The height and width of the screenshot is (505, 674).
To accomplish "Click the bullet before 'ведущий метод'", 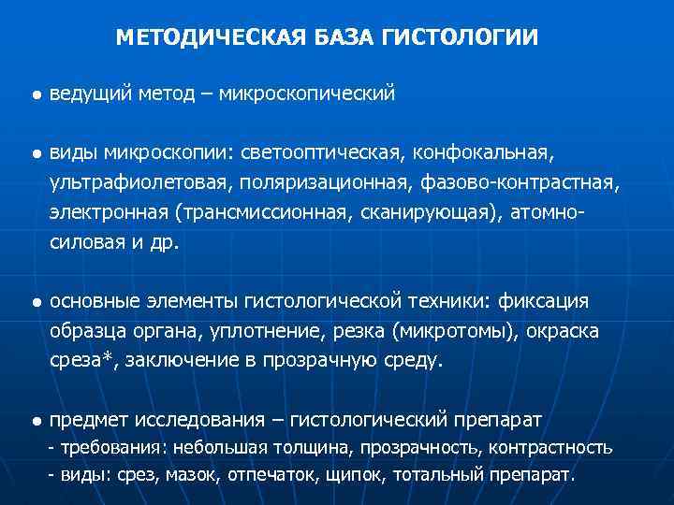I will [x=34, y=94].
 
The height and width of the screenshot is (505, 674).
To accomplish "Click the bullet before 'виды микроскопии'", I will [x=34, y=152].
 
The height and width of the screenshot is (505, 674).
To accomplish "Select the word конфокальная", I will [x=487, y=151].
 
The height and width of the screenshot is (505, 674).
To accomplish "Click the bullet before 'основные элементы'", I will [x=34, y=303].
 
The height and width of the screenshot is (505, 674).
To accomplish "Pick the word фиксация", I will [x=544, y=301].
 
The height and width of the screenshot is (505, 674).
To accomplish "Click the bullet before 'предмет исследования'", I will [x=34, y=422].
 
